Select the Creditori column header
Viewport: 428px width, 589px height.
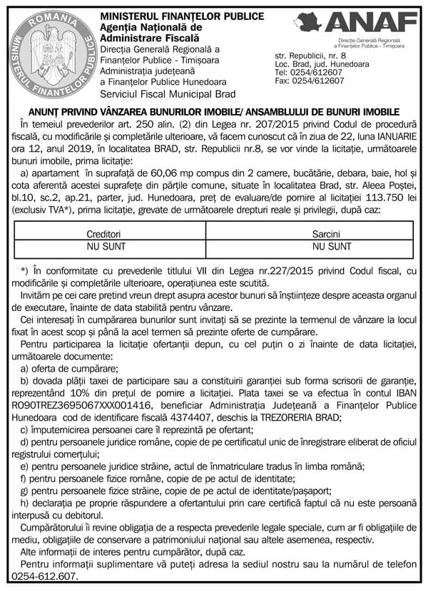click(x=104, y=234)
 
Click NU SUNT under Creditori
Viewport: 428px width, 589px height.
click(x=104, y=246)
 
